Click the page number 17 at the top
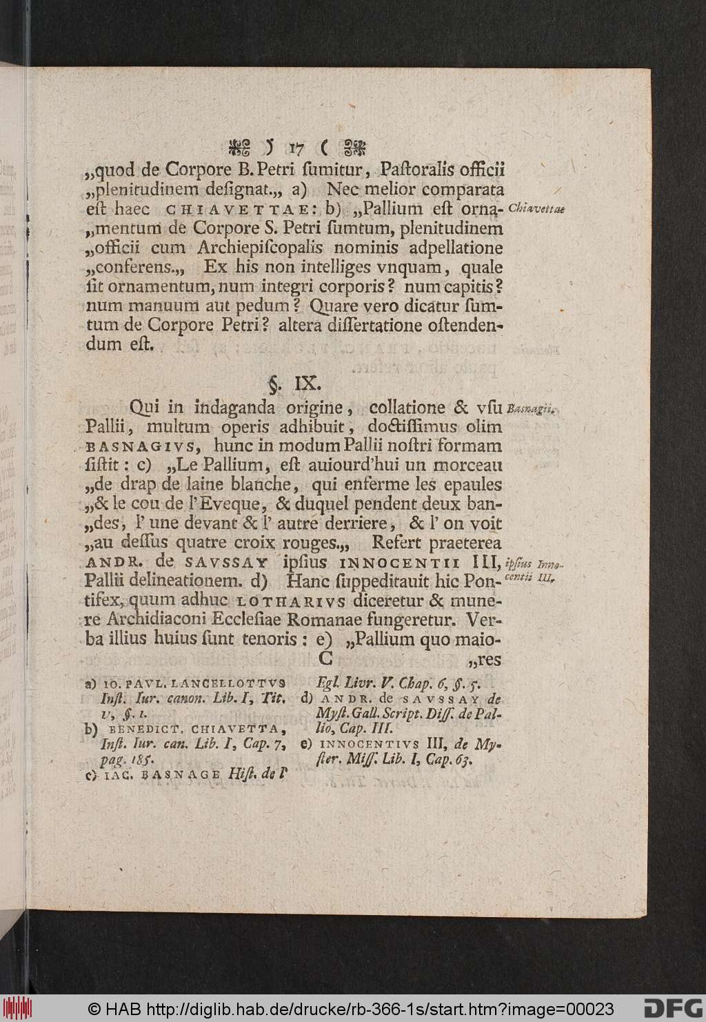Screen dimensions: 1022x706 (x=297, y=147)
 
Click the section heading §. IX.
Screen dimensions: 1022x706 (x=294, y=381)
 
